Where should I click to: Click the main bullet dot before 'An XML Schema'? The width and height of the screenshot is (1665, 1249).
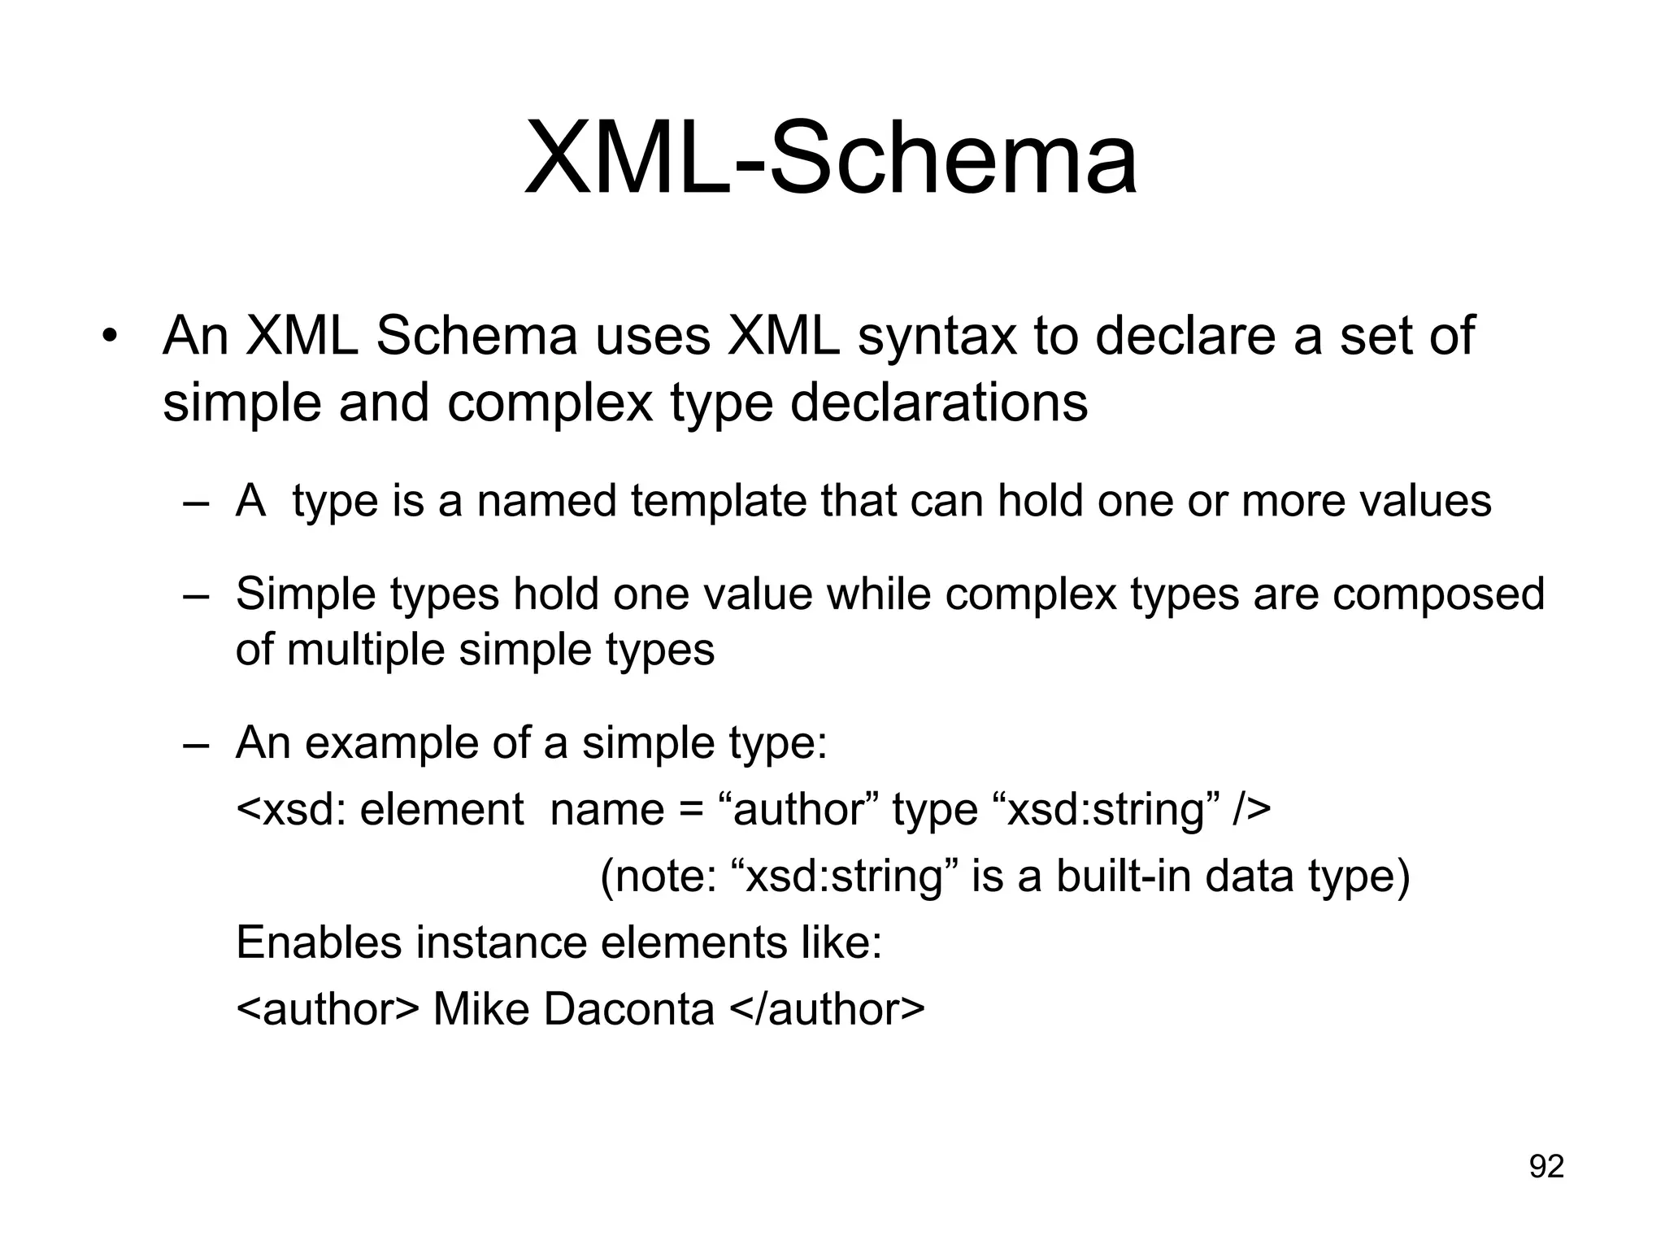pos(111,337)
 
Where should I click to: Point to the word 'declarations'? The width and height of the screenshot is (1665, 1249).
pos(939,403)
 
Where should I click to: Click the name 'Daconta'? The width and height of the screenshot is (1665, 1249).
pos(628,1010)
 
